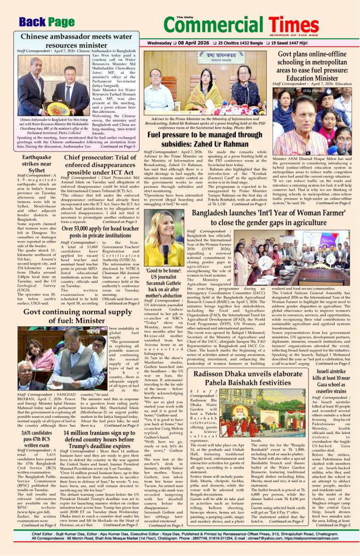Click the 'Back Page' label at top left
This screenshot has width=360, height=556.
tap(47, 22)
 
